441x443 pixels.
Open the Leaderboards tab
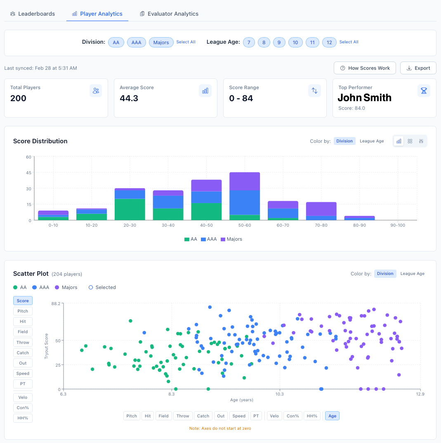(x=33, y=14)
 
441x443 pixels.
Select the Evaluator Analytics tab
(x=169, y=14)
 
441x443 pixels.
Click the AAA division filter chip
(x=136, y=42)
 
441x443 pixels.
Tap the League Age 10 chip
(x=295, y=42)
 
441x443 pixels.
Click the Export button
(x=418, y=68)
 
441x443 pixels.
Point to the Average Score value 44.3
(x=129, y=98)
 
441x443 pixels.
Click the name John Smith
(x=364, y=98)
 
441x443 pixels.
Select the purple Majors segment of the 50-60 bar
(x=245, y=181)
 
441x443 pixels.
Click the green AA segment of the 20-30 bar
(x=130, y=209)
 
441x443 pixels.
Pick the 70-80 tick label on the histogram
(x=321, y=225)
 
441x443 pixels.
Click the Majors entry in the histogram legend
(x=231, y=239)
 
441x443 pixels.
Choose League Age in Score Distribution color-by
(x=372, y=141)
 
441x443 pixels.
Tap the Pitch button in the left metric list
(x=23, y=311)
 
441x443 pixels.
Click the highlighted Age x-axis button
(x=332, y=416)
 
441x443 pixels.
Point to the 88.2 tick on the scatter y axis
(x=55, y=303)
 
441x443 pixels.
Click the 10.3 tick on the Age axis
(x=280, y=394)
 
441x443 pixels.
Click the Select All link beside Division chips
(x=186, y=42)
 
